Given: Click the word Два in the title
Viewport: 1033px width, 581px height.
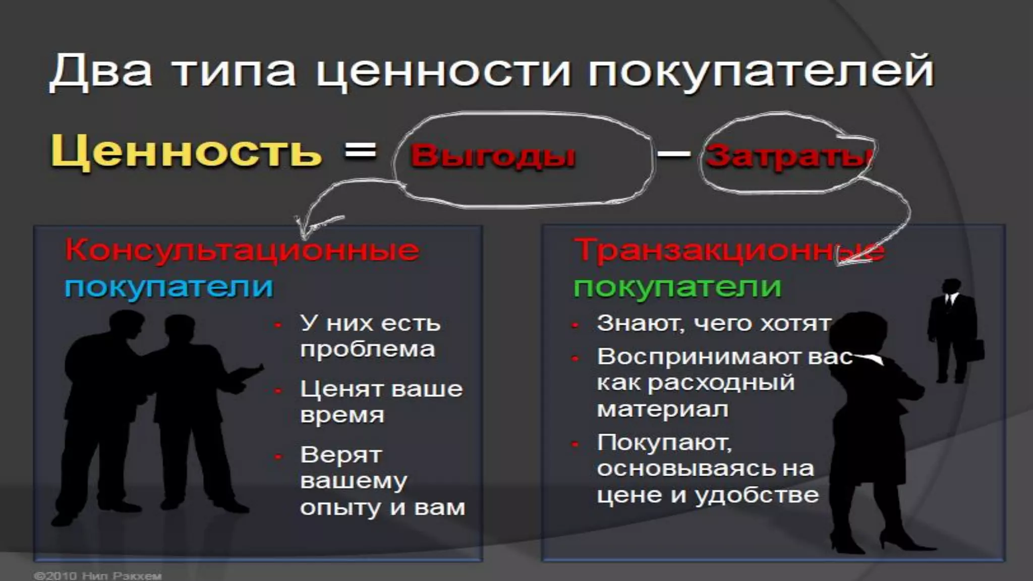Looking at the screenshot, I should click(x=100, y=72).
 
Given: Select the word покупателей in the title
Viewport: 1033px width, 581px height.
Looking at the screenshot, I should click(x=761, y=72).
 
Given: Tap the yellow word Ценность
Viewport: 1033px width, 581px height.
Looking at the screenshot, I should click(x=186, y=151).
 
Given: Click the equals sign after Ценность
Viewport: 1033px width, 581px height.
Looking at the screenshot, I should click(x=360, y=150).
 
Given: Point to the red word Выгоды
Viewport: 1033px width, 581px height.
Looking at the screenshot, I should click(x=493, y=155).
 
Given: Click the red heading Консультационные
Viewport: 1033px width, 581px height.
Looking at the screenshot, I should click(x=242, y=250).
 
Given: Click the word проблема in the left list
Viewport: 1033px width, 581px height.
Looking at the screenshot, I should click(x=367, y=349).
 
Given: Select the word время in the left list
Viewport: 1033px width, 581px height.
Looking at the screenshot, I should click(x=342, y=415).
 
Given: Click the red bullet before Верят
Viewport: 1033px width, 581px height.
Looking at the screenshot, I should click(x=278, y=456).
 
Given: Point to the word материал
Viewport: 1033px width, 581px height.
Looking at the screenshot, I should click(x=662, y=409).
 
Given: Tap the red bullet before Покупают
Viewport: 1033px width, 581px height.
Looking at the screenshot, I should click(x=575, y=444).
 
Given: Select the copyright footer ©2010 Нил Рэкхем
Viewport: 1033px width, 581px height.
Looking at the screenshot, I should click(x=97, y=575).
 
